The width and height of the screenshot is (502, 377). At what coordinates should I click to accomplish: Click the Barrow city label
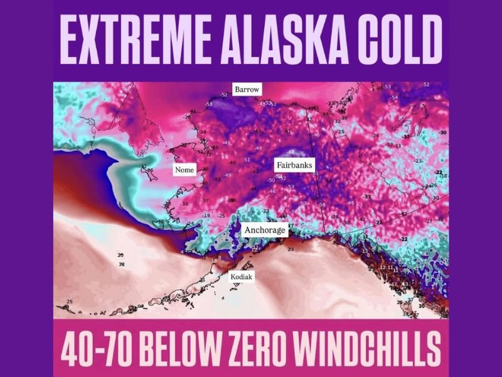click(x=247, y=90)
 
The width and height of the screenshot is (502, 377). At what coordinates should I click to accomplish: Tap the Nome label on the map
click(x=185, y=170)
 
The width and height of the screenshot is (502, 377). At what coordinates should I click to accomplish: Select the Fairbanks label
click(x=294, y=165)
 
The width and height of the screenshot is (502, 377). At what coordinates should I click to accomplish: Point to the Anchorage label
click(x=265, y=230)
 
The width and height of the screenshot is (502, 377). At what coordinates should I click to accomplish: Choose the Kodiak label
click(x=242, y=276)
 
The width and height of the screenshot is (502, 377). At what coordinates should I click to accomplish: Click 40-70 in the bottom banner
click(x=97, y=347)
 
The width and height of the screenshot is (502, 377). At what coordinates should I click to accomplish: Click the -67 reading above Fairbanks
click(x=291, y=152)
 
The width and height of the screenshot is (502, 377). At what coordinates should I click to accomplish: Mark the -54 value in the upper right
click(x=394, y=97)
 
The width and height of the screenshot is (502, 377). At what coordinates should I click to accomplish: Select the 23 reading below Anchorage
click(x=291, y=249)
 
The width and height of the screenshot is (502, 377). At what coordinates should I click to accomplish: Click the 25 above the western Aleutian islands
click(x=69, y=302)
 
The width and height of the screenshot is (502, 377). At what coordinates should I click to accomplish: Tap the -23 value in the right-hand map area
click(x=419, y=161)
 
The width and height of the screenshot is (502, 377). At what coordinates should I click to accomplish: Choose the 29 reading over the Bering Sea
click(x=120, y=255)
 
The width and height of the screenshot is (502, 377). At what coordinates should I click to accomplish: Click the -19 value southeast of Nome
click(x=206, y=216)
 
